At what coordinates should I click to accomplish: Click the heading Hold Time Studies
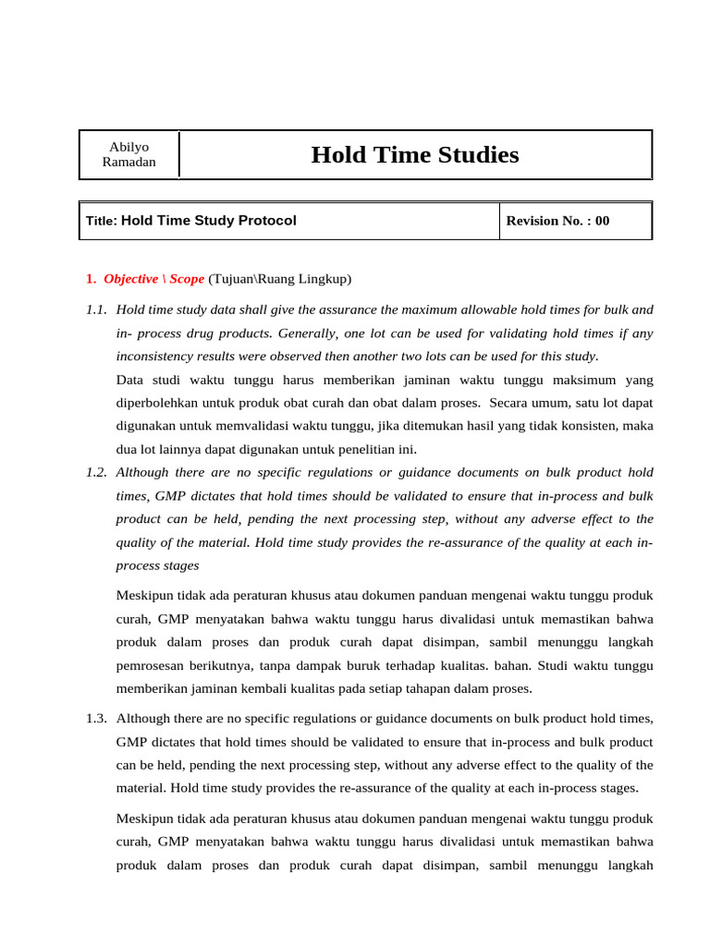coord(415,154)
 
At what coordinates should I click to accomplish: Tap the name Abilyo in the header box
coord(129,146)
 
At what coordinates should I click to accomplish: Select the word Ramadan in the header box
coord(129,163)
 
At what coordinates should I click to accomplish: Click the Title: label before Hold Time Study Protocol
coord(101,221)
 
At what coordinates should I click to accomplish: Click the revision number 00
coord(602,221)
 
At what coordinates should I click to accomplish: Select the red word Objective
coord(130,279)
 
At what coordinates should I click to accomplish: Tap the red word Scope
coord(187,279)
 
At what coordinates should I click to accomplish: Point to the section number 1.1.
coord(96,309)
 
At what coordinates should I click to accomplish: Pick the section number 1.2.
coord(96,472)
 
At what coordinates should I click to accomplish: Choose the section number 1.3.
coord(96,718)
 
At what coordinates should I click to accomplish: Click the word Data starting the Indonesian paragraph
coord(131,380)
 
